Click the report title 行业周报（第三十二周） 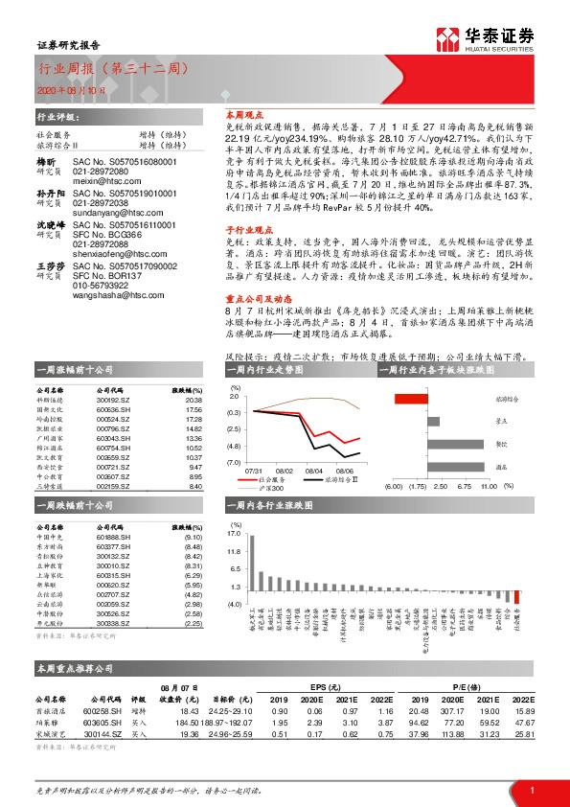[107, 70]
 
